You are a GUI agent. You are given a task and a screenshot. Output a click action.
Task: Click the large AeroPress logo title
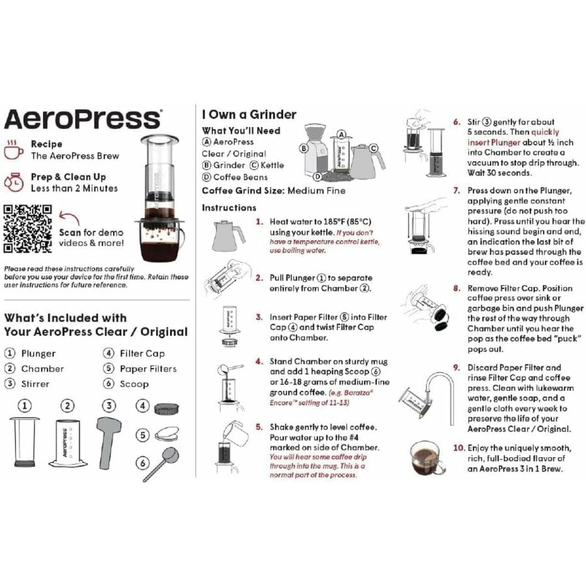82,120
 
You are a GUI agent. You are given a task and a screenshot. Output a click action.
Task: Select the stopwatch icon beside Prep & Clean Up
14,182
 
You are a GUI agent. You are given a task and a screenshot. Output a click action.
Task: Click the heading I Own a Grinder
249,115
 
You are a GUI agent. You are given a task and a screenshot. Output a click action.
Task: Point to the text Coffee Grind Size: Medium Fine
273,191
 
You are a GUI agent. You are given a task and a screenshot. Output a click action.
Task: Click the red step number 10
459,448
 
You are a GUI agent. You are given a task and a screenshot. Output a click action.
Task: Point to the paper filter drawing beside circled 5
167,434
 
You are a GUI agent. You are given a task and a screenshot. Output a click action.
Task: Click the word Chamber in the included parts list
42,369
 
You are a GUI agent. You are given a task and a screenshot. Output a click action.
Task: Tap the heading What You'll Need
241,130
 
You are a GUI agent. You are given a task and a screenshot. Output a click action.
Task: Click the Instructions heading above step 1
229,208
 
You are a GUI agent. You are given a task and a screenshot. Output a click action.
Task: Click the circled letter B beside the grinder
303,148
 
